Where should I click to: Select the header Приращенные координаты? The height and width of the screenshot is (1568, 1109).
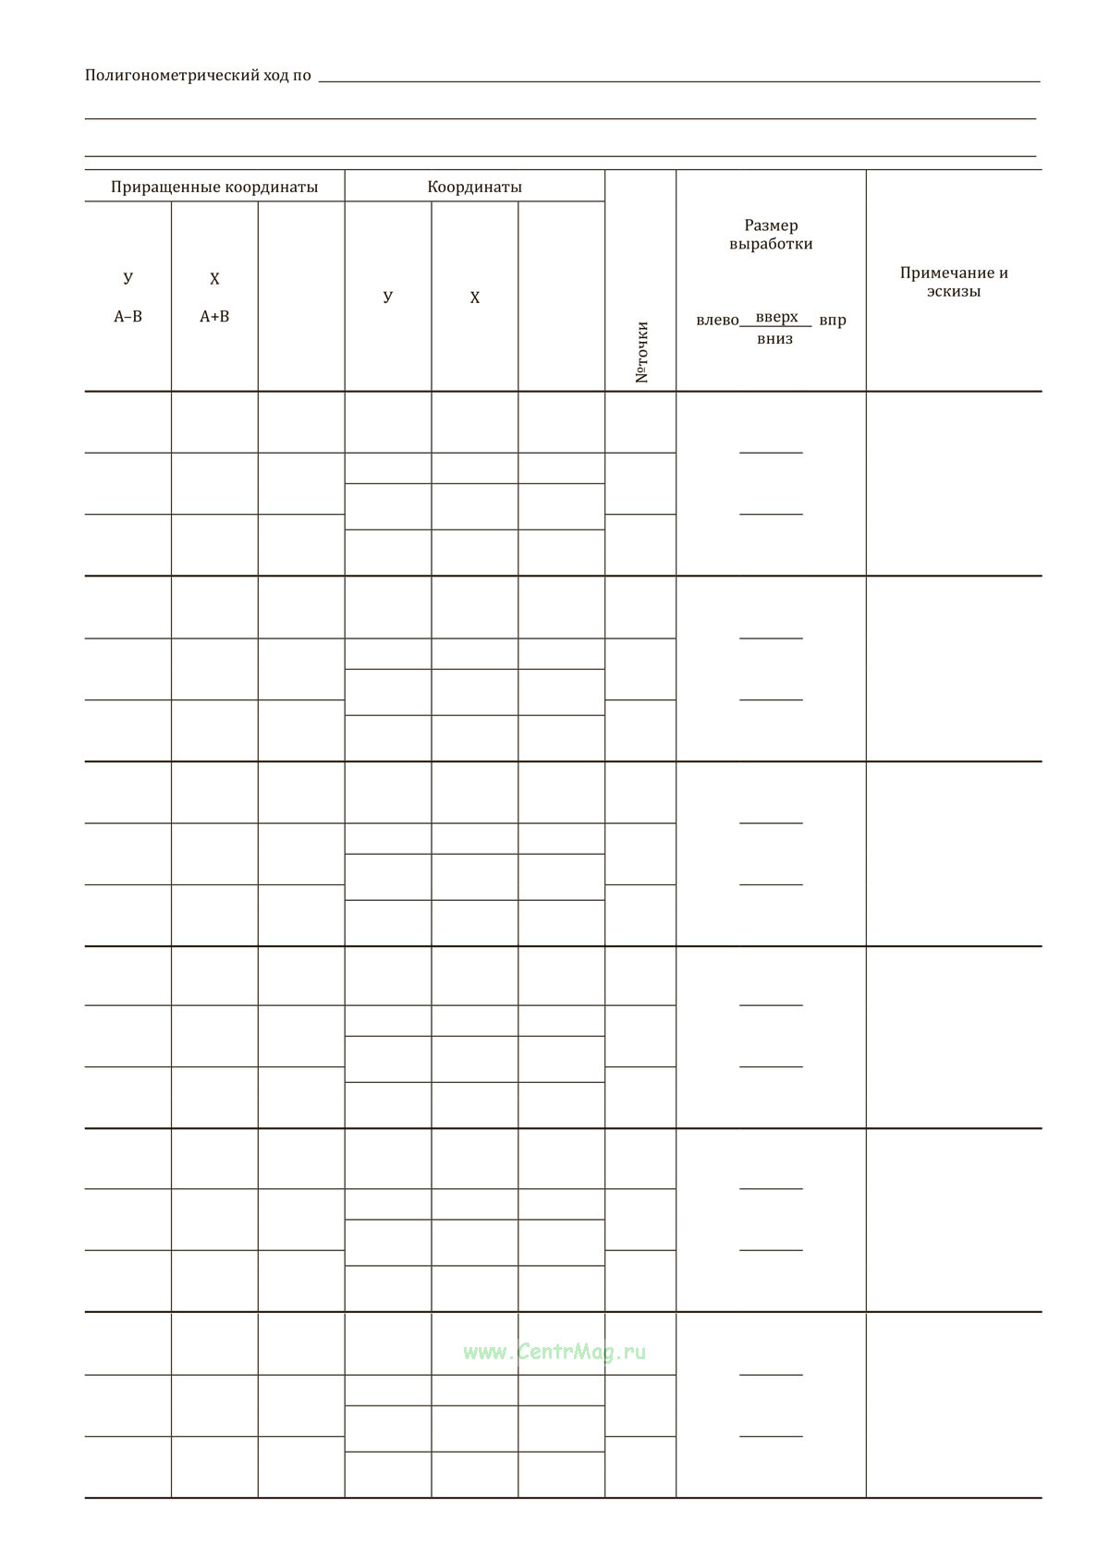coord(214,187)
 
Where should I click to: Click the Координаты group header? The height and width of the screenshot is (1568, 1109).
coord(474,187)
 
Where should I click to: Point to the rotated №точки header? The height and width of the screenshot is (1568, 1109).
coord(642,352)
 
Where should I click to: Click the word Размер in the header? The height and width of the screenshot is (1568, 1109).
coord(771,225)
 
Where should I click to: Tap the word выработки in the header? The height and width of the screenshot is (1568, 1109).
coord(771,245)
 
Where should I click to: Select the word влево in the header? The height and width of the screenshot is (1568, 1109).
coord(717,321)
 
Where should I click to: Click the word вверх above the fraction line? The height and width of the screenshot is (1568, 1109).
coord(776,317)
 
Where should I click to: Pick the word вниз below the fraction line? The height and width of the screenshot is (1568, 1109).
coord(774,339)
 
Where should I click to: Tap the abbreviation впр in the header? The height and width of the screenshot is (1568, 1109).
coord(833,321)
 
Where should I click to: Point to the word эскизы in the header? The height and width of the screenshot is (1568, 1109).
coord(954,292)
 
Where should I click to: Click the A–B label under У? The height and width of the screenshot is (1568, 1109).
coord(128,316)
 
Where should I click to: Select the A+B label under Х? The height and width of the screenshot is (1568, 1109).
coord(214,316)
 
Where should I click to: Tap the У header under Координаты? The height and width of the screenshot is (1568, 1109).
coord(387,297)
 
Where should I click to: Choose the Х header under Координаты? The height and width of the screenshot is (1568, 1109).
coord(475,298)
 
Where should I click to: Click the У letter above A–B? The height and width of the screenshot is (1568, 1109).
coord(128,278)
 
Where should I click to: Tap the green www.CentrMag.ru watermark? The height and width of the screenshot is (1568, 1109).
coord(554,1352)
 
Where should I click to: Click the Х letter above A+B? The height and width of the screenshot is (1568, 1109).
coord(214,279)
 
